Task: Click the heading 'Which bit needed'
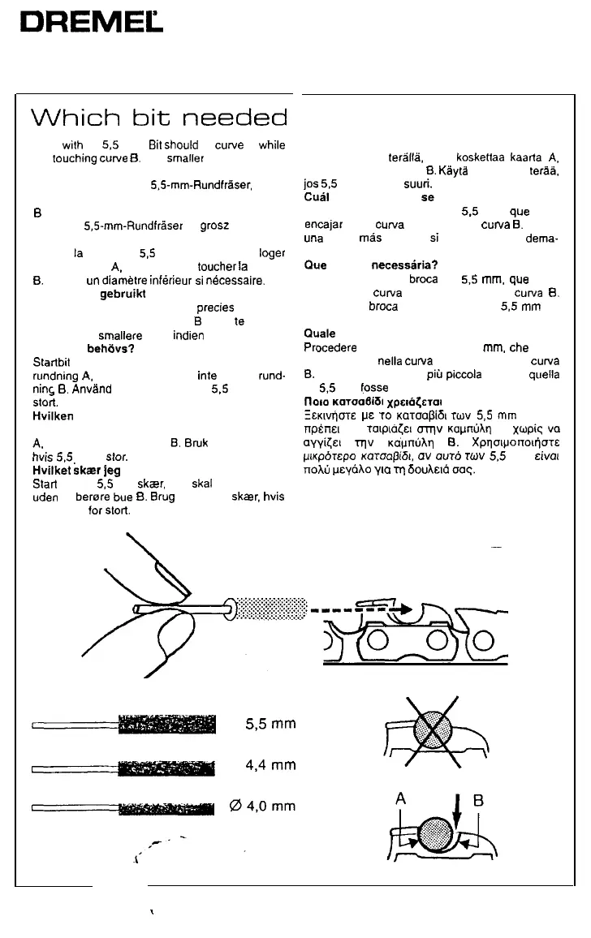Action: click(x=159, y=118)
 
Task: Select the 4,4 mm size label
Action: click(x=272, y=765)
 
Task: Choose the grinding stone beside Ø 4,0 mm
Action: click(x=167, y=807)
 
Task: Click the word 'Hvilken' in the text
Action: click(x=53, y=414)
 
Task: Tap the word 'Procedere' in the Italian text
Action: click(x=330, y=347)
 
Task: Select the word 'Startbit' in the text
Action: click(x=50, y=361)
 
